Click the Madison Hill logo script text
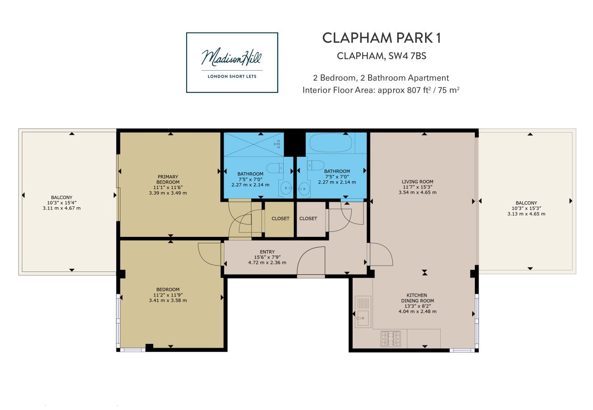pos(232,58)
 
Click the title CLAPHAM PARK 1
pos(381,38)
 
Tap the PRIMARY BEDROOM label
pos(168,179)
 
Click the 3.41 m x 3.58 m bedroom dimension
pos(168,300)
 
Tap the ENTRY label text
pos(267,252)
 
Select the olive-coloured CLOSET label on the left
pos(281,219)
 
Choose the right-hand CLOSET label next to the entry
pos(308,219)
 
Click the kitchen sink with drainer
pos(363,312)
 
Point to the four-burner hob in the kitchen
pos(390,338)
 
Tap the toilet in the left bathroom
pos(275,168)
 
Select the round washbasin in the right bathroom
pos(303,188)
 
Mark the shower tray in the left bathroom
pos(253,144)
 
